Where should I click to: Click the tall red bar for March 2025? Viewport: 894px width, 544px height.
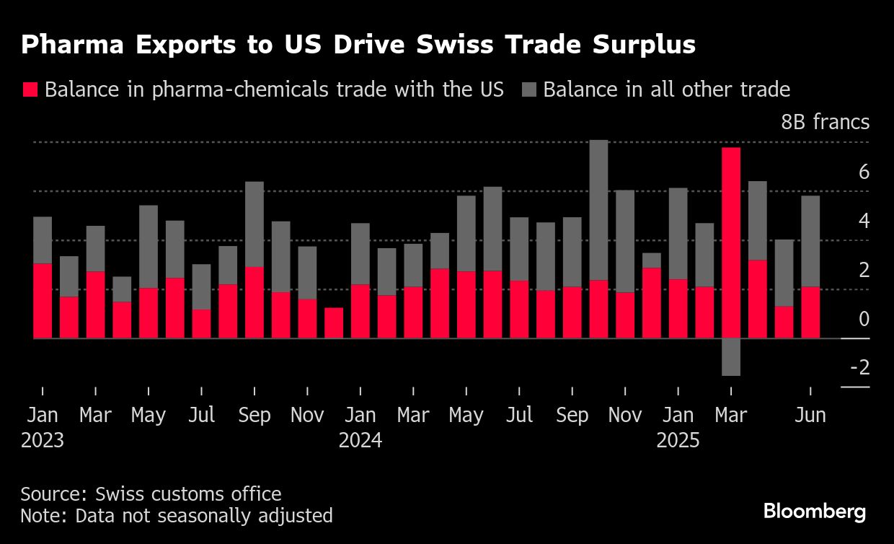(730, 242)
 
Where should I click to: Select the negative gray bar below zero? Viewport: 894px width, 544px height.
(730, 357)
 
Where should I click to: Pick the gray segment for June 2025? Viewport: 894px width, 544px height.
(810, 241)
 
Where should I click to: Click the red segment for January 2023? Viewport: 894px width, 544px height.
(43, 301)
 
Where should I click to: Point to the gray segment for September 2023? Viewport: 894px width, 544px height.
(255, 224)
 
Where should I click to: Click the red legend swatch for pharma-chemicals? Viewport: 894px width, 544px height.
(30, 89)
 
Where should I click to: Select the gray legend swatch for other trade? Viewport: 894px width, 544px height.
(530, 89)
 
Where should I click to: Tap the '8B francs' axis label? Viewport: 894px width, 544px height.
(826, 122)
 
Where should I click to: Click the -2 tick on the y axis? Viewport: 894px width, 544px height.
(859, 367)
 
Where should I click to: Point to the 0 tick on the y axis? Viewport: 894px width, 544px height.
(864, 318)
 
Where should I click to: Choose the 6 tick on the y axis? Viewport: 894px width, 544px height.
(864, 172)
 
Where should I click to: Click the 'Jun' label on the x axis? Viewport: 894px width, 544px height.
(810, 416)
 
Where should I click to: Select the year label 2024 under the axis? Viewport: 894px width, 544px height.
(360, 440)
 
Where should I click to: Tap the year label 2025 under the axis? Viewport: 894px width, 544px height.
(678, 440)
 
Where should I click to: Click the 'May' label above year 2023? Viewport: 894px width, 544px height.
(149, 416)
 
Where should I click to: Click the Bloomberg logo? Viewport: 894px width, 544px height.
(815, 512)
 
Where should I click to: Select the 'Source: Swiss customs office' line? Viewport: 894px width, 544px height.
(151, 494)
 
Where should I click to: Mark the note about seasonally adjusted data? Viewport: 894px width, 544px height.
(177, 516)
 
